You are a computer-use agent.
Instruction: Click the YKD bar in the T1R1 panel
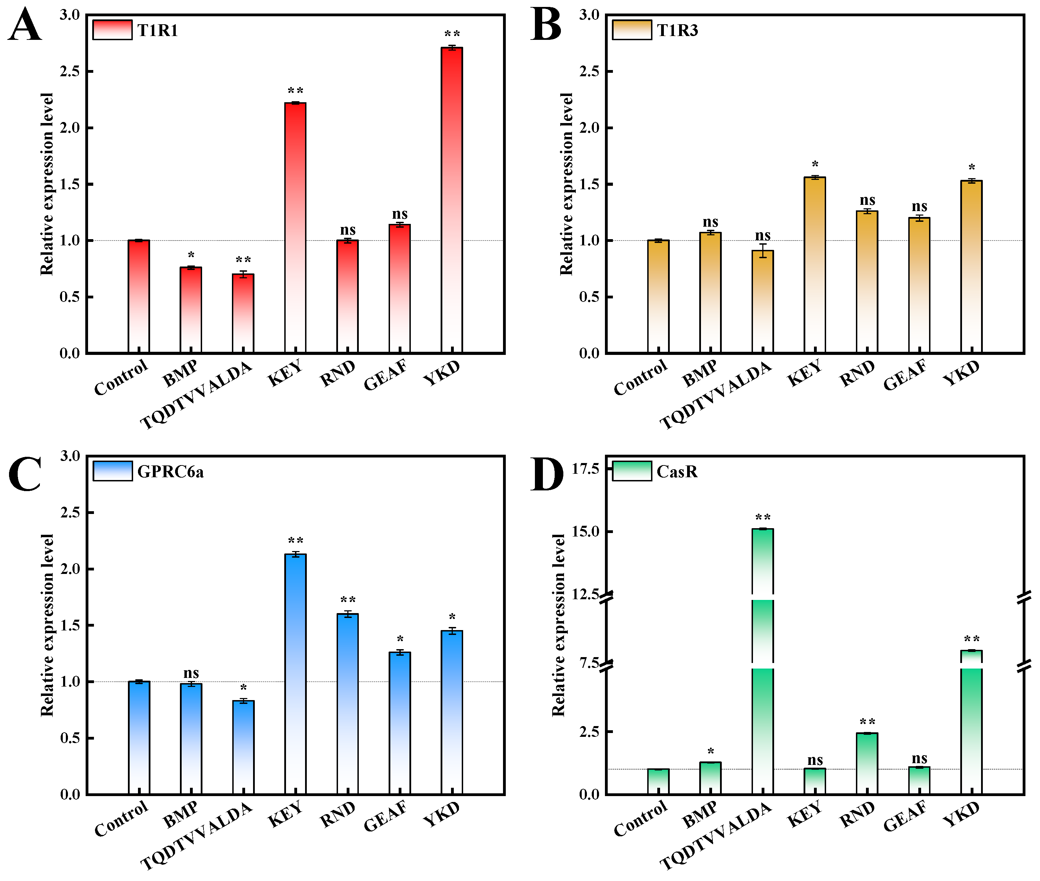click(x=452, y=200)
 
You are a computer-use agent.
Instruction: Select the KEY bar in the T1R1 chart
click(x=295, y=228)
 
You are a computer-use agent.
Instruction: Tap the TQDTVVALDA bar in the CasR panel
click(x=762, y=661)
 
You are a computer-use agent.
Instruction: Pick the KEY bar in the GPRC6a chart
click(x=295, y=674)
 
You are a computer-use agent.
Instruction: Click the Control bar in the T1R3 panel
click(x=658, y=297)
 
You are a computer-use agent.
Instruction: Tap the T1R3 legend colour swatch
click(x=632, y=29)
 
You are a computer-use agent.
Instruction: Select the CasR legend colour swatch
click(x=632, y=471)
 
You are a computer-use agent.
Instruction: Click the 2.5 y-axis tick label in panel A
click(x=70, y=71)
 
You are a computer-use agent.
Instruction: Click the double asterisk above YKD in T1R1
click(x=452, y=34)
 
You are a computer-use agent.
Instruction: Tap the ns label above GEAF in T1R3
click(x=919, y=206)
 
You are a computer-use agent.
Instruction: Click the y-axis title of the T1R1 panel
click(x=46, y=184)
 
